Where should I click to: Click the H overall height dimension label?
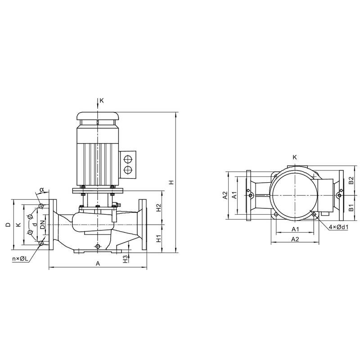click(171, 183)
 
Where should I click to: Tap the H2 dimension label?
click(159, 208)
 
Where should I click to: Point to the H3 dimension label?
click(125, 259)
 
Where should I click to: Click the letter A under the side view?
click(98, 263)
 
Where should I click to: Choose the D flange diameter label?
click(8, 225)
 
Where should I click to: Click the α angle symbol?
click(41, 189)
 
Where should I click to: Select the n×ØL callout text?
click(20, 259)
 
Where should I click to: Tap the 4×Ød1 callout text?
click(339, 227)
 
